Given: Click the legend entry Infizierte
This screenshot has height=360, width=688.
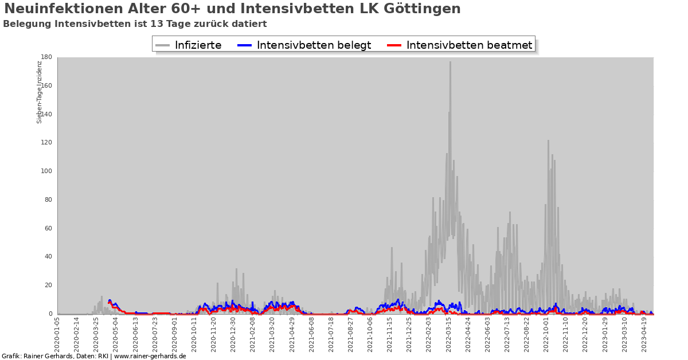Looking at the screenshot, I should (x=198, y=45).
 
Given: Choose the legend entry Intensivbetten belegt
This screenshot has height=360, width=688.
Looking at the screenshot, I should (x=314, y=45).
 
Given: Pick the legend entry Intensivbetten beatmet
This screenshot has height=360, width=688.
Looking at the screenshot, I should (x=469, y=45).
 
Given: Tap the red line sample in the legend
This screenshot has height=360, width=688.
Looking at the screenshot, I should (x=394, y=45).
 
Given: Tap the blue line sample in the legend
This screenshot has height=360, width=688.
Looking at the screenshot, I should (x=245, y=45).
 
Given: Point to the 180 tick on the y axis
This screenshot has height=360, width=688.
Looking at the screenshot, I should (x=46, y=57).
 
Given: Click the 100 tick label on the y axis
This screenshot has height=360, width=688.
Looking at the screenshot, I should (x=46, y=171).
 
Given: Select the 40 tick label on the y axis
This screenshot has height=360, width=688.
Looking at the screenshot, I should (x=48, y=257).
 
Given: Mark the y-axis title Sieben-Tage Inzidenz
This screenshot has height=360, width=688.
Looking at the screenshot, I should (x=40, y=92).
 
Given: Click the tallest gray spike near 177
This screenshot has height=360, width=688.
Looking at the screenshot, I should (x=450, y=63).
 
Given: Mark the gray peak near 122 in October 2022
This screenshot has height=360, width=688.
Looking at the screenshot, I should (x=548, y=141).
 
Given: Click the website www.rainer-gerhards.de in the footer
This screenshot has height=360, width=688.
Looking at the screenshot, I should (x=150, y=356).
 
